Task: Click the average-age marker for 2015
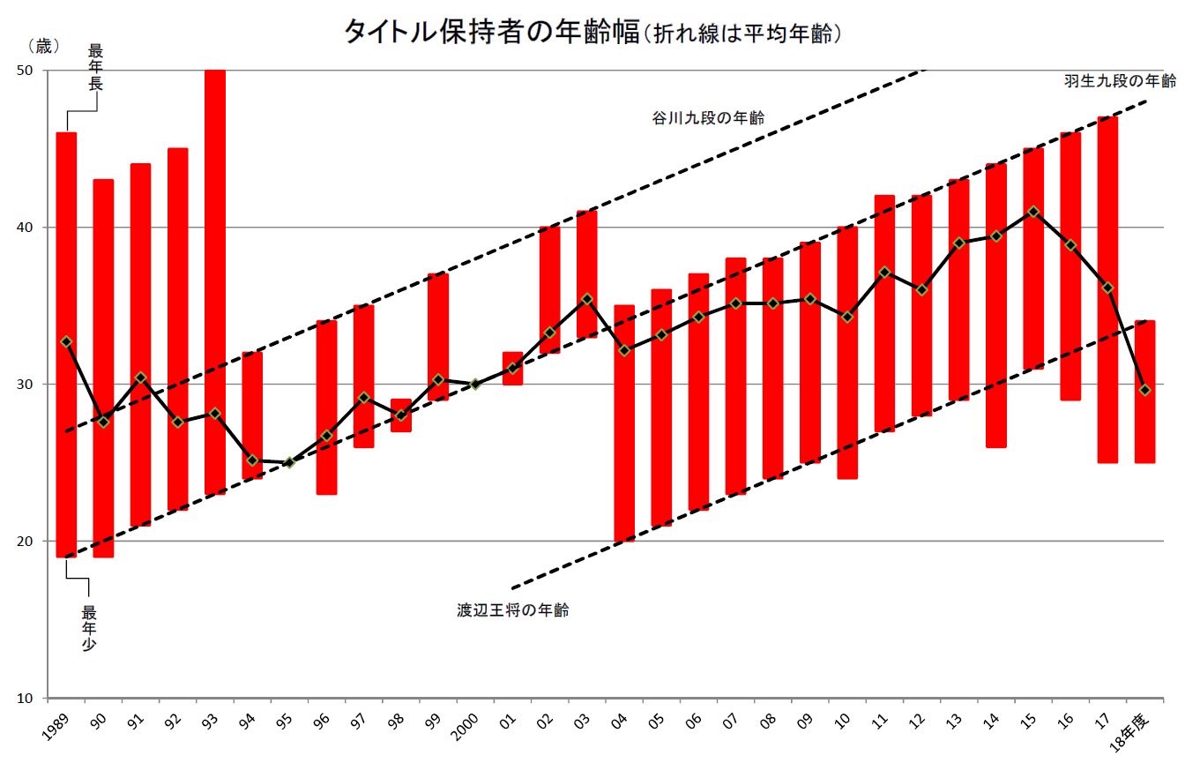coord(1033,212)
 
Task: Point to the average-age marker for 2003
coord(586,299)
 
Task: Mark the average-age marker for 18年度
coord(1144,390)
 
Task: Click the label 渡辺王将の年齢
coord(512,610)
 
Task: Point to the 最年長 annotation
coord(96,66)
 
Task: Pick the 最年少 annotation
coord(89,627)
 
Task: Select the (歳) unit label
coord(43,44)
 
